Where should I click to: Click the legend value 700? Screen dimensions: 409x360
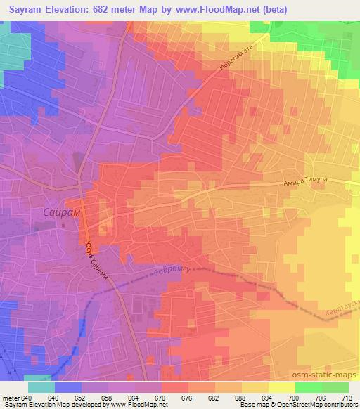295,398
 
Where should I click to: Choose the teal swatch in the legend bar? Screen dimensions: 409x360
41,387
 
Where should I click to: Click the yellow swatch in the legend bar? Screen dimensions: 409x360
282,387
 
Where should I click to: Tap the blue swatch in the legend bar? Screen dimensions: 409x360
67,387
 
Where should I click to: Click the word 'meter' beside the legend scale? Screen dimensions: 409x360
12,398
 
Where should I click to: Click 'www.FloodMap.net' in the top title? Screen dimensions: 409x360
212,9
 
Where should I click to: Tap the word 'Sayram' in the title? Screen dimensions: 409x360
22,9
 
